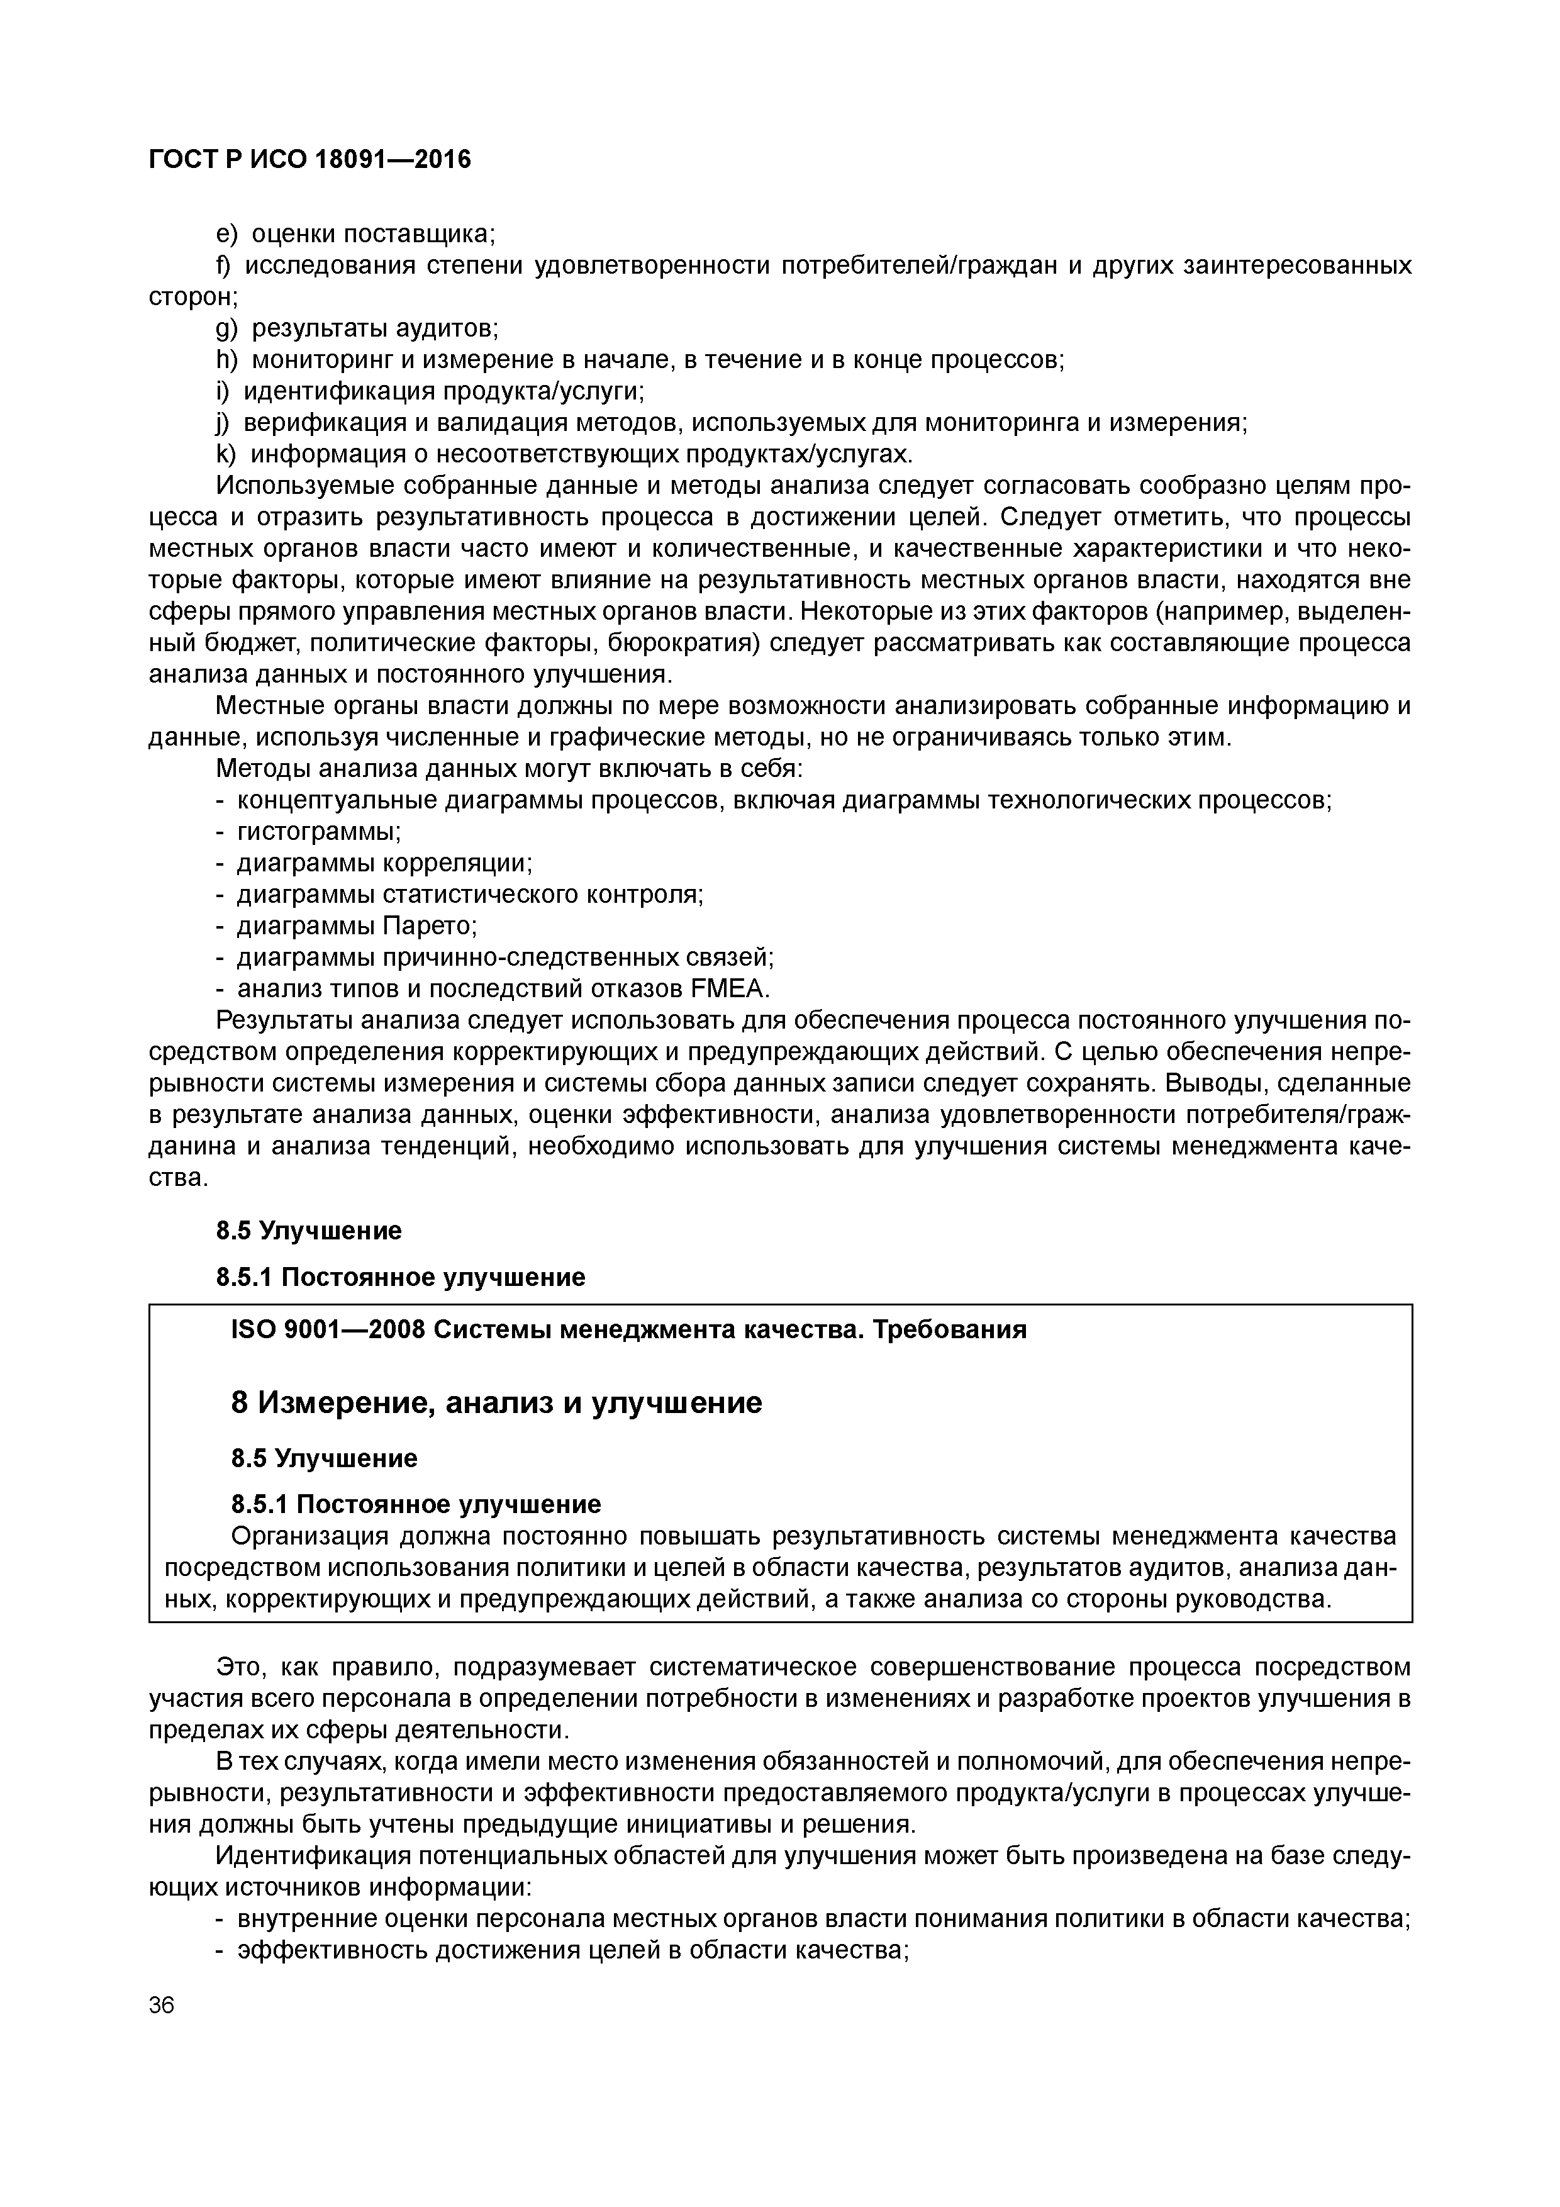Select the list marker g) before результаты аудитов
pyautogui.click(x=225, y=329)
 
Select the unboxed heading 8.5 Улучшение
pyautogui.click(x=308, y=1231)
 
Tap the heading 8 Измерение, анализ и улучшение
pyautogui.click(x=496, y=1402)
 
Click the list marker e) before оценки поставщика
pyautogui.click(x=225, y=233)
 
